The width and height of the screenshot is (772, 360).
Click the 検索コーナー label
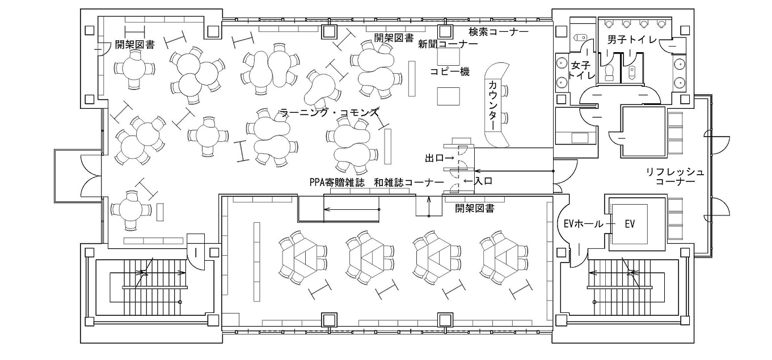coord(499,32)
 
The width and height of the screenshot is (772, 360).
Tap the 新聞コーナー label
coord(448,44)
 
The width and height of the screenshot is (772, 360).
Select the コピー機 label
coord(450,71)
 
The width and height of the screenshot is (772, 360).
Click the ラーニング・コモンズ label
coord(330,112)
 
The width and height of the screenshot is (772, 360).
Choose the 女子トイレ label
coord(581,70)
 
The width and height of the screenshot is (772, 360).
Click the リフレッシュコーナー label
coord(675,176)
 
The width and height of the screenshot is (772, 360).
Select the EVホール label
coord(583,224)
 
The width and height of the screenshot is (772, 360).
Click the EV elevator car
coord(630,224)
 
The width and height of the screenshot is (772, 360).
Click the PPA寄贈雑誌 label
coord(337,183)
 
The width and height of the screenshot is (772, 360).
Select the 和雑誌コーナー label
coord(409,183)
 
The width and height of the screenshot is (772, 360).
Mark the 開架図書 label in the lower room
coord(475,208)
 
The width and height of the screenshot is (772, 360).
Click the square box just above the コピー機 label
coord(448,57)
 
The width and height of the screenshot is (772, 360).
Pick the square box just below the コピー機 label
coord(448,96)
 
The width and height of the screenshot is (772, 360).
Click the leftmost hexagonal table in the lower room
coord(299,257)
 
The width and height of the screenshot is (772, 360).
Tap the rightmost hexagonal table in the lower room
coord(501,257)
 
